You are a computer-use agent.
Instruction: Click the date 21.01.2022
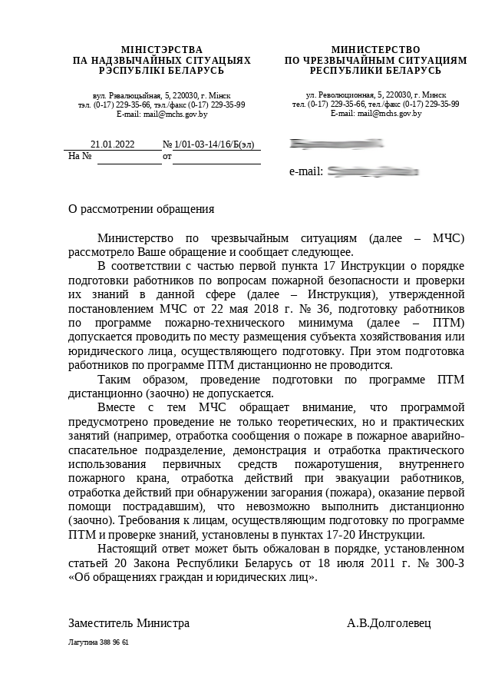(x=112, y=144)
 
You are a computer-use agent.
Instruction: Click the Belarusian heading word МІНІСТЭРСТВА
(x=161, y=49)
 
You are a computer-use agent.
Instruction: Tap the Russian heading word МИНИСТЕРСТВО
(x=375, y=49)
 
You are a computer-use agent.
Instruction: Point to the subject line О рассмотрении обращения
(x=141, y=208)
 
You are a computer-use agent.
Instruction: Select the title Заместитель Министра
(x=129, y=622)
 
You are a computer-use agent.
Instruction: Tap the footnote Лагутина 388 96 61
(x=98, y=642)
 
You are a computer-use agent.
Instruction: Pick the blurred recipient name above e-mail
(x=336, y=144)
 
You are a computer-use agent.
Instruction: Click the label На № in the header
(x=80, y=156)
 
